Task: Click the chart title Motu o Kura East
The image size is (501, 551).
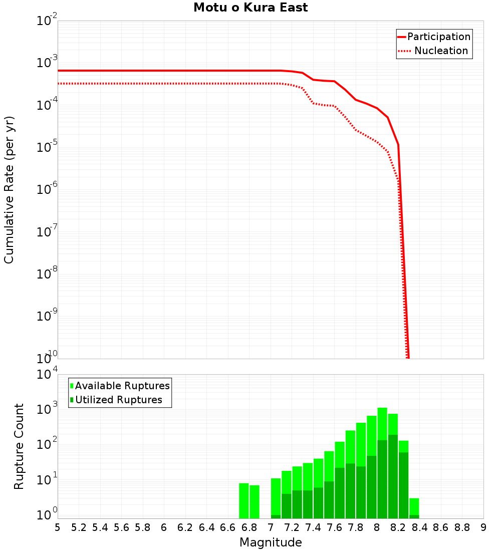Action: [x=250, y=8]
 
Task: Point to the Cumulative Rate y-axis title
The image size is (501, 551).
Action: [x=10, y=189]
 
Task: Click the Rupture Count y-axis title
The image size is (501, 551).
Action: [x=19, y=446]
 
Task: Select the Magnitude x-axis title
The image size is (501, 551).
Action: [x=271, y=542]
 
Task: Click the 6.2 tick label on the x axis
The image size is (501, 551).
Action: [x=185, y=527]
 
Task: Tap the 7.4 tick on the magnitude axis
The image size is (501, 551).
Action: [x=313, y=527]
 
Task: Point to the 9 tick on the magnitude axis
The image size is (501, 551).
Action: [x=483, y=527]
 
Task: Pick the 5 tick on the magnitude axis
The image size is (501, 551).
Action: [x=58, y=527]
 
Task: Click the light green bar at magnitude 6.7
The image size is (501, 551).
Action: [x=244, y=500]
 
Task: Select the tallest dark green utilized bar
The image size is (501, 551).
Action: [x=393, y=476]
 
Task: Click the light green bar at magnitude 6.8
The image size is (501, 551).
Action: [x=255, y=501]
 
